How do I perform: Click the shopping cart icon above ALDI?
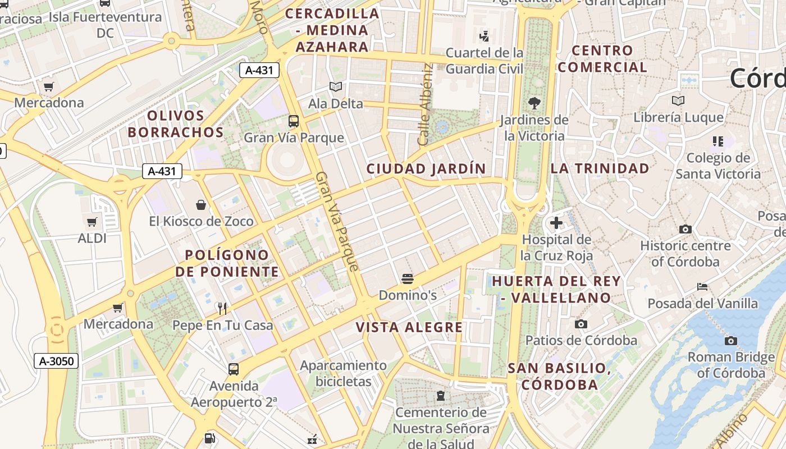[x=92, y=222]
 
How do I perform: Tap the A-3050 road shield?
[x=57, y=361]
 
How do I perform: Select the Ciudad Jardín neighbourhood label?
[x=426, y=168]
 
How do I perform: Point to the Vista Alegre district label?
[x=410, y=327]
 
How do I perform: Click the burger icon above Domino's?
[x=408, y=278]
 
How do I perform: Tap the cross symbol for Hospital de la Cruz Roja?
[x=556, y=223]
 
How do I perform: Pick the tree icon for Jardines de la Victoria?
[x=534, y=103]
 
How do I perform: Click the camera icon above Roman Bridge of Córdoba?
[x=730, y=341]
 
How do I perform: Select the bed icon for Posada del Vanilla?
[x=702, y=287]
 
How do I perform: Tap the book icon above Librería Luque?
[x=678, y=101]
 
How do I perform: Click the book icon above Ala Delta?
[x=336, y=87]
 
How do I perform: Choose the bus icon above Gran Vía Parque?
[x=293, y=121]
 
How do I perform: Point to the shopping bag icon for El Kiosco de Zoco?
[x=201, y=205]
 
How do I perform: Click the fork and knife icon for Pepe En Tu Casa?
[x=222, y=308]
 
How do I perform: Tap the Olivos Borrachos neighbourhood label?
[x=176, y=124]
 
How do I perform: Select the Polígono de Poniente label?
[x=227, y=264]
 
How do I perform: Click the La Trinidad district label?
[x=600, y=168]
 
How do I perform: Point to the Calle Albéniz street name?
[x=425, y=104]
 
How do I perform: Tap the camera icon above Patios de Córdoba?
[x=581, y=324]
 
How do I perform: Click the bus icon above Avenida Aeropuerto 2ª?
[x=234, y=369]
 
